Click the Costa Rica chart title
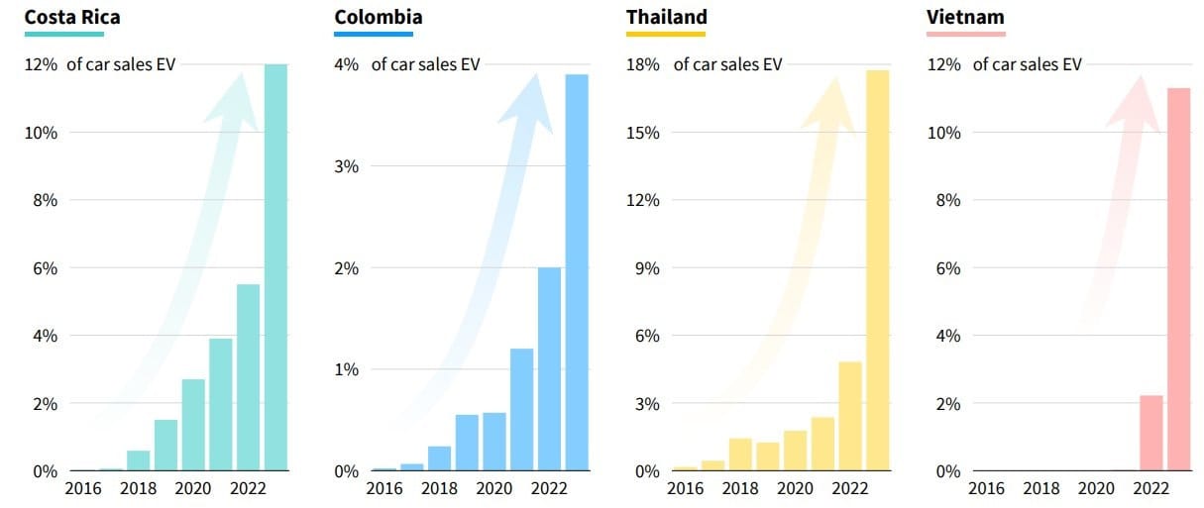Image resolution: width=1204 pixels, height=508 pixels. click(x=72, y=17)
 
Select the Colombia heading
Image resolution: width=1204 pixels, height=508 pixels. click(x=378, y=17)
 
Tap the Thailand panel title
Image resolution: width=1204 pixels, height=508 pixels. click(x=666, y=17)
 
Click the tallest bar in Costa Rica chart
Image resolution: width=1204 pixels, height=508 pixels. click(x=275, y=267)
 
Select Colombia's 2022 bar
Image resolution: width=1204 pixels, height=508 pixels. click(x=549, y=368)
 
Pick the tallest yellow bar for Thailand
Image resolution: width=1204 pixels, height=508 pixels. click(x=877, y=269)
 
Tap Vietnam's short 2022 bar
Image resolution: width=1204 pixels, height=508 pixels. click(x=1150, y=433)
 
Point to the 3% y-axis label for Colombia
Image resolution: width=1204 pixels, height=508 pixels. click(x=347, y=166)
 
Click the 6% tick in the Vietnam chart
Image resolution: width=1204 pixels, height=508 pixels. click(x=947, y=268)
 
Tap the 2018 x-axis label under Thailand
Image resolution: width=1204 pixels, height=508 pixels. click(x=740, y=488)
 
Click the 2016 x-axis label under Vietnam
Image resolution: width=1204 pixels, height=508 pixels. click(x=986, y=488)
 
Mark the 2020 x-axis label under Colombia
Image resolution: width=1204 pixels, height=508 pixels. click(x=493, y=488)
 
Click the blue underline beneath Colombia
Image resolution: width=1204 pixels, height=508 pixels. click(x=374, y=34)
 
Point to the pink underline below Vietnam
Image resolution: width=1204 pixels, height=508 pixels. click(x=965, y=34)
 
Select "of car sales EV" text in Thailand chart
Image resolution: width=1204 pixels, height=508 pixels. click(x=727, y=64)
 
